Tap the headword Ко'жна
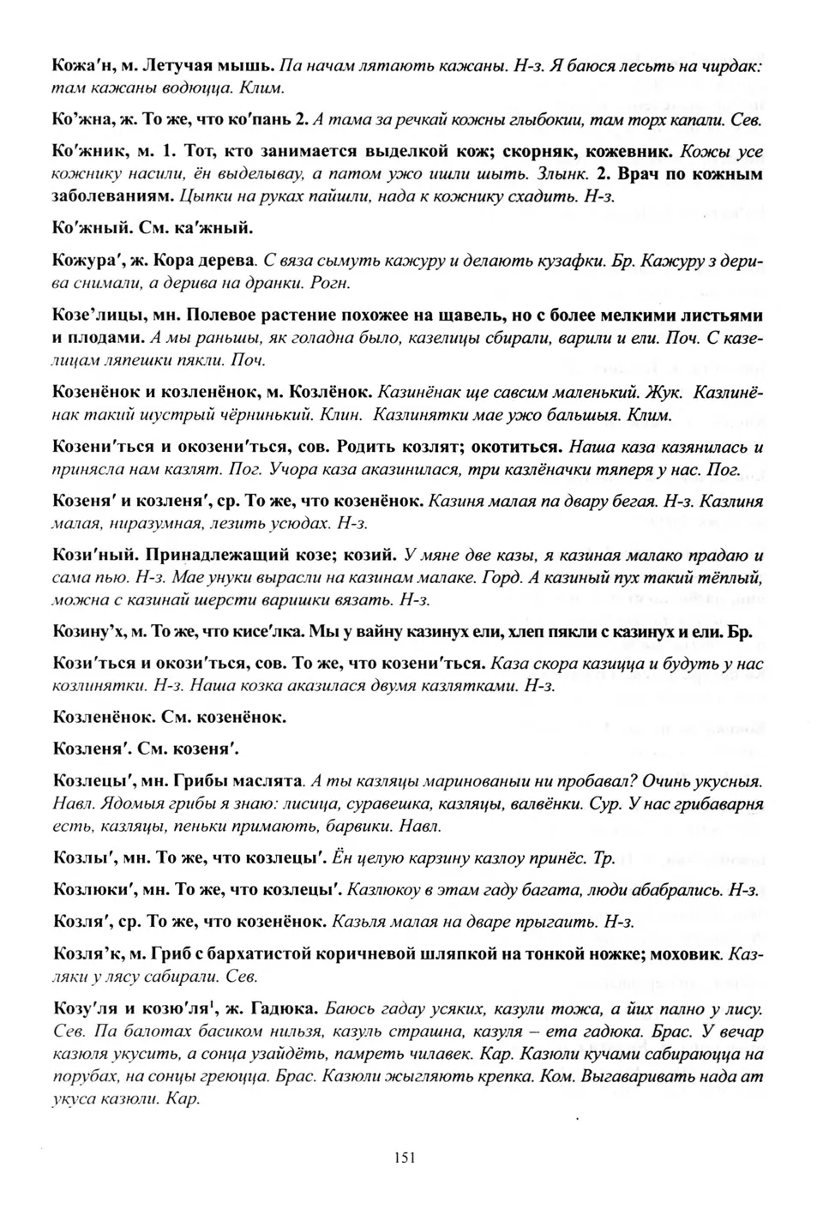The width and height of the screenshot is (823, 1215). pos(81,120)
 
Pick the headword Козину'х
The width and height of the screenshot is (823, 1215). pos(87,632)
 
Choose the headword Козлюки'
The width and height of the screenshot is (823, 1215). pos(89,890)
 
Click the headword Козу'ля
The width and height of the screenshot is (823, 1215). pos(82,1009)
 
